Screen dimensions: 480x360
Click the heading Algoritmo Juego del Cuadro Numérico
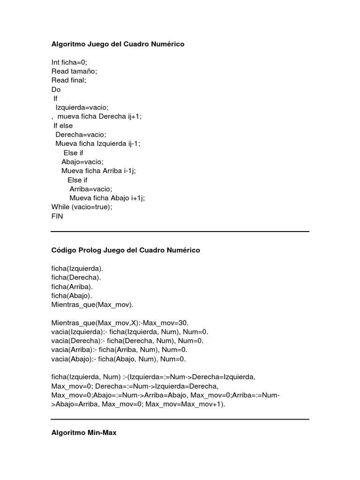tap(118, 44)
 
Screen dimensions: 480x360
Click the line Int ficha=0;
tap(69, 62)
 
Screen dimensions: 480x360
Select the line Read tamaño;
tap(74, 71)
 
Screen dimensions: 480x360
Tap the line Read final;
tap(69, 80)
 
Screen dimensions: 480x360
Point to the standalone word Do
tap(56, 90)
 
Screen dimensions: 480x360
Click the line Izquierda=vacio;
tap(82, 107)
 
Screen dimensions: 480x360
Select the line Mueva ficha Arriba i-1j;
tap(98, 171)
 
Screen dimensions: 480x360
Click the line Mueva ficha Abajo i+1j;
tap(107, 198)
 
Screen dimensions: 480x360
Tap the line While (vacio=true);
tap(82, 207)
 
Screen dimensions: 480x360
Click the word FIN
tap(57, 216)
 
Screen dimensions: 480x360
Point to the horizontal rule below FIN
tap(180, 231)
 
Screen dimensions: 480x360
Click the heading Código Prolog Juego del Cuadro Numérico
tap(126, 250)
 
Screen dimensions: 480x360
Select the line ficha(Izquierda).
tap(77, 269)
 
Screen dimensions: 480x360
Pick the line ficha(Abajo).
tap(72, 296)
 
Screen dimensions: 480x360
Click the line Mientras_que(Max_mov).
tap(92, 305)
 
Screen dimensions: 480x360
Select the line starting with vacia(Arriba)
tap(119, 350)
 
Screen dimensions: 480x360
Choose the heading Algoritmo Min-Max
tap(84, 434)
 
